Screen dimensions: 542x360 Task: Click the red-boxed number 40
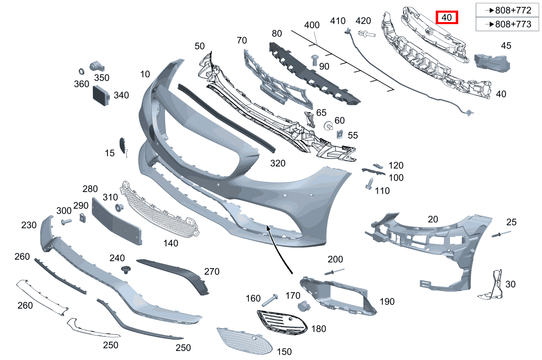(447, 18)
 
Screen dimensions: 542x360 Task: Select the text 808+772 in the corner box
(513, 10)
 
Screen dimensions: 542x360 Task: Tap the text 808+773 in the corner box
(513, 24)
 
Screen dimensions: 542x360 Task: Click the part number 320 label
(278, 163)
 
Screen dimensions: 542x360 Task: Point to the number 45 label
(506, 46)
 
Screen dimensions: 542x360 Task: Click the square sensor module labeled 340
(101, 96)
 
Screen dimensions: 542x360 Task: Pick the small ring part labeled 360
(81, 72)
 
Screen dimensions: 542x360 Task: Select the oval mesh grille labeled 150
(244, 341)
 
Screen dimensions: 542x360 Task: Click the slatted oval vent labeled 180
(282, 323)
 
